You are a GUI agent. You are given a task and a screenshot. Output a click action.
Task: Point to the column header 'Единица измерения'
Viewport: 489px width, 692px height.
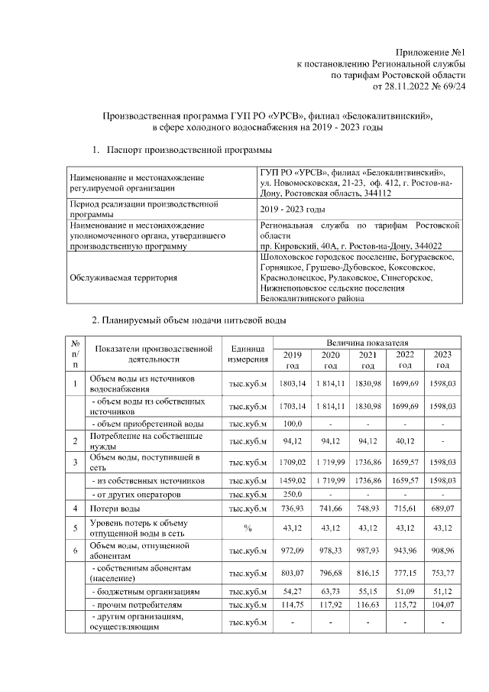[248, 353]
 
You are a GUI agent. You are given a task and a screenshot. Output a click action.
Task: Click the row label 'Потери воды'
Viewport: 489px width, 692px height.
[115, 508]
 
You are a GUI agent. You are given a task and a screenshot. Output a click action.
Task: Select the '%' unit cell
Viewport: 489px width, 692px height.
[248, 528]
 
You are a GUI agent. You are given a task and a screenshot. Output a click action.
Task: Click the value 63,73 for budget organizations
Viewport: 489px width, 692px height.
[330, 593]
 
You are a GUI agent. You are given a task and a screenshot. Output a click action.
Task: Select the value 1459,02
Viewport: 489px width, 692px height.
[293, 480]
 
